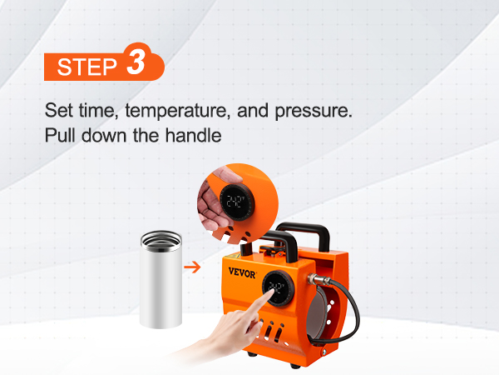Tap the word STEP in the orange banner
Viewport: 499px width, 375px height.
(86, 67)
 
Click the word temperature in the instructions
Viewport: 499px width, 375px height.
(177, 111)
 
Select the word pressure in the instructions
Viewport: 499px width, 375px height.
(314, 112)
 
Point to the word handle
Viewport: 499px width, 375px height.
(193, 135)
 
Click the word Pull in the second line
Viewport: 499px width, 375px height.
(61, 135)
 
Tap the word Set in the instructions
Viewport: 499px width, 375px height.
(58, 110)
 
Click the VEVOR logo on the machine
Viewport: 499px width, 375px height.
(242, 273)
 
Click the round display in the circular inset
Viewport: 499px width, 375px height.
(237, 202)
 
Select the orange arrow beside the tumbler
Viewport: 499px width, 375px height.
(192, 267)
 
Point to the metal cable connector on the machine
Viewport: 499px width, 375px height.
(316, 279)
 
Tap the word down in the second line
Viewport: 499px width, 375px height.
(104, 135)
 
